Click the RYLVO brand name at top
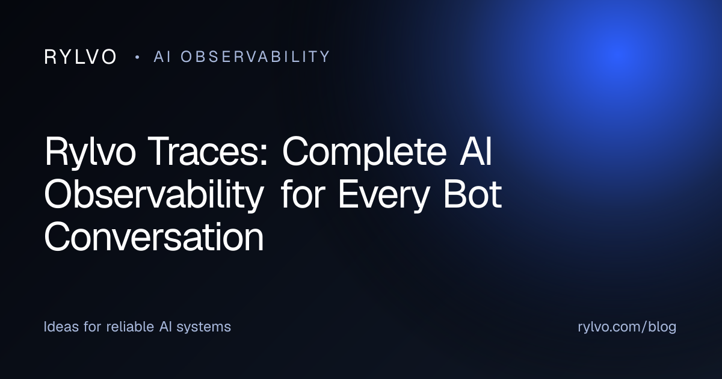[80, 57]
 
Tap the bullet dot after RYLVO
[138, 57]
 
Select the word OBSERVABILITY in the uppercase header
[255, 57]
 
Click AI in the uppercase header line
[162, 57]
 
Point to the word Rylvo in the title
[90, 152]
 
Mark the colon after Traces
[264, 156]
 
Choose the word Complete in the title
[364, 152]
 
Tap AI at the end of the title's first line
[475, 151]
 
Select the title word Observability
[154, 195]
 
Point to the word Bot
[472, 194]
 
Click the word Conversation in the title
[154, 236]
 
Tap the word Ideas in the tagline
[61, 327]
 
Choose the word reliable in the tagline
[130, 327]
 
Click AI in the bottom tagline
[165, 327]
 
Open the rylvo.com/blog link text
[627, 327]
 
